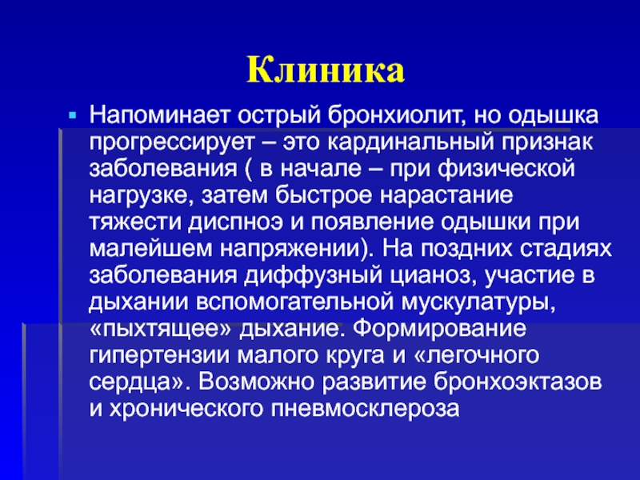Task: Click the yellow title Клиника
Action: (x=326, y=70)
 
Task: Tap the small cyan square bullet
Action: (x=73, y=116)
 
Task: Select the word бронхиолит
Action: (x=397, y=115)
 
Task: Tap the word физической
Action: (x=506, y=169)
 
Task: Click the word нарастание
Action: (x=446, y=195)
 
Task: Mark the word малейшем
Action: (x=150, y=249)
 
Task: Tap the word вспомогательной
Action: (x=295, y=302)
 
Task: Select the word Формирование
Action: (x=439, y=328)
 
